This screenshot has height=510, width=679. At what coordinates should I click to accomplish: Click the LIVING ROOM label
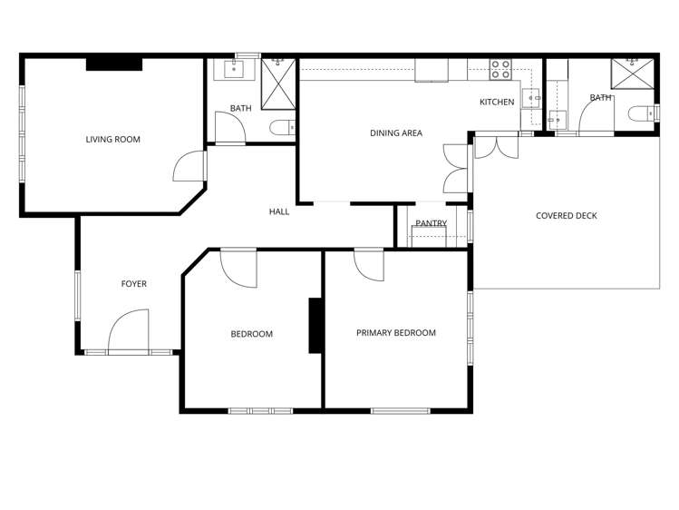112,140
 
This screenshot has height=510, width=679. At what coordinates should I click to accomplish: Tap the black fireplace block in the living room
114,63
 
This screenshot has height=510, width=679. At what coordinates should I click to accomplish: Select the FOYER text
133,284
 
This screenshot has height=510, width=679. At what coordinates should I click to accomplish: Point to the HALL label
279,211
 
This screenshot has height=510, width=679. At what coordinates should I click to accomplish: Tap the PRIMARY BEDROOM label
395,333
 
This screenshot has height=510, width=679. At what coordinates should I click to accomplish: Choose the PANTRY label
431,223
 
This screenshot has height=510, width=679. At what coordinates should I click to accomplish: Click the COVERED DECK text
566,216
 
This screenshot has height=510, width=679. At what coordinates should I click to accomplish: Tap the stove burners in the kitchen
500,69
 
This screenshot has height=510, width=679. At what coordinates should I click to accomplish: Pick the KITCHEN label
497,102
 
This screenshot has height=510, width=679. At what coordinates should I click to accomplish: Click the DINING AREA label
396,133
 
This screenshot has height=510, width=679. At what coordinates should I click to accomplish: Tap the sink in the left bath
234,69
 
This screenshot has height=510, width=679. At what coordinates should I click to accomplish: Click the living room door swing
189,164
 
